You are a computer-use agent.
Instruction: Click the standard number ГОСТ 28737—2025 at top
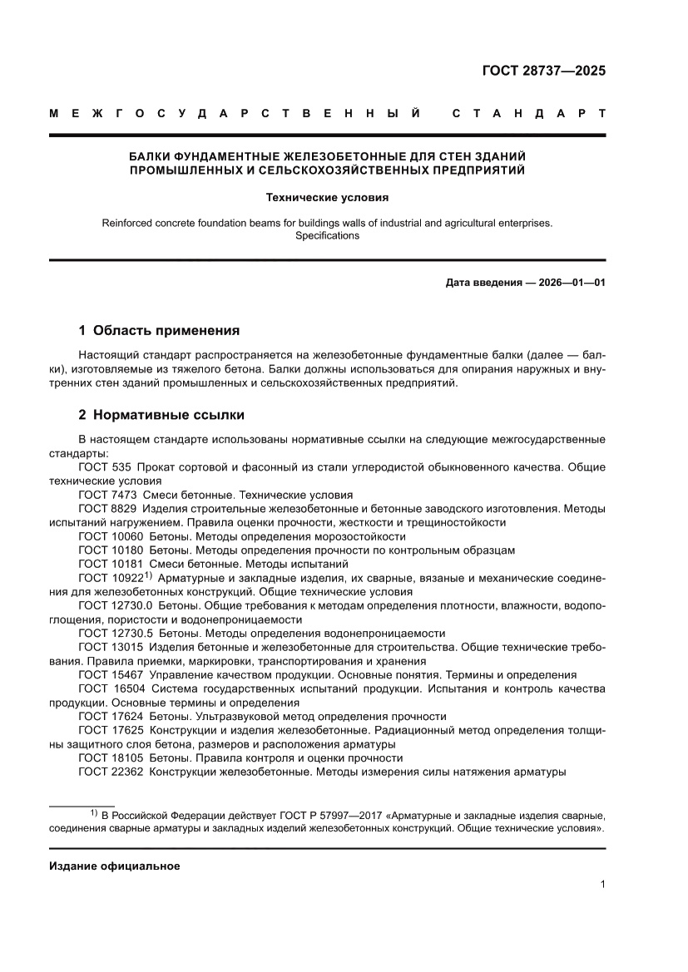544,71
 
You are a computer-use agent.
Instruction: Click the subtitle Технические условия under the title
327,198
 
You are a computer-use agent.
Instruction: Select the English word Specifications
327,235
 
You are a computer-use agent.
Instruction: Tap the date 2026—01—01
576,283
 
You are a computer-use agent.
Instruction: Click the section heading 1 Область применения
159,330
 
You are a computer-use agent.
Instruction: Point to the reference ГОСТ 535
104,466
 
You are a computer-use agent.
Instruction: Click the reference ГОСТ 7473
107,494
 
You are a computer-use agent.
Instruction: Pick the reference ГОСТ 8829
107,508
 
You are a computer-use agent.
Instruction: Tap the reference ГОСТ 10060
110,536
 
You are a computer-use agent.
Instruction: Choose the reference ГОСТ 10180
110,550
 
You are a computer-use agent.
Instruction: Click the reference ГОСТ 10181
110,564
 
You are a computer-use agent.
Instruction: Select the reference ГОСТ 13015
110,647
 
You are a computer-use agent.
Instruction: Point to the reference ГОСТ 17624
110,716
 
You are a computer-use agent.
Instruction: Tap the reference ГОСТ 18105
110,757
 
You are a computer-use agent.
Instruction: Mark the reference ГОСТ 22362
110,772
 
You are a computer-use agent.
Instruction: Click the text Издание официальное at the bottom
115,866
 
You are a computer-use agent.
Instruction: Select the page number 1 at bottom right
601,885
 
